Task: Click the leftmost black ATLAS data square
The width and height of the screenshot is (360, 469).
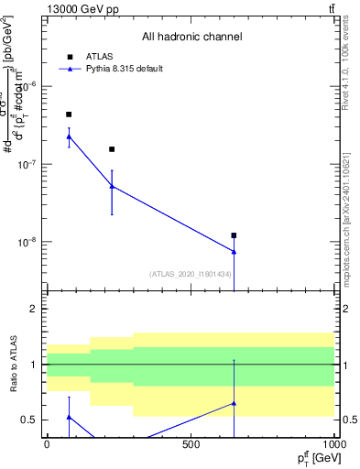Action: click(x=69, y=115)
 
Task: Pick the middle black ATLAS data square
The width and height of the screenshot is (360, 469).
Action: click(x=112, y=149)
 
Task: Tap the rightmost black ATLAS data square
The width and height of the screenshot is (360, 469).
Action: click(x=234, y=235)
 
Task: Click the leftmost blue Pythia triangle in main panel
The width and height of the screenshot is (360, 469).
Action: click(x=69, y=136)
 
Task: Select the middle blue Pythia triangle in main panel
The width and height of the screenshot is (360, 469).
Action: click(x=112, y=186)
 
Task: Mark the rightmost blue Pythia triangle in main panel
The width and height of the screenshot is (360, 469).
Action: click(x=234, y=251)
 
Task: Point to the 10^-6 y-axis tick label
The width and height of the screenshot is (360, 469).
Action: click(x=30, y=86)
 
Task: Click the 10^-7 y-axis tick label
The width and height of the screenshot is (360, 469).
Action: click(x=30, y=164)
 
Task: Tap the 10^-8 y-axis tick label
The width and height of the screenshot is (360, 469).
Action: click(x=30, y=243)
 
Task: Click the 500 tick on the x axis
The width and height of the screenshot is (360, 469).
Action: click(x=191, y=444)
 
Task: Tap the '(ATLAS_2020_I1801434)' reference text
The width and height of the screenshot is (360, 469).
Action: click(x=190, y=274)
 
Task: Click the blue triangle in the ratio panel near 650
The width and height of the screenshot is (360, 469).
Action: click(x=234, y=403)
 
